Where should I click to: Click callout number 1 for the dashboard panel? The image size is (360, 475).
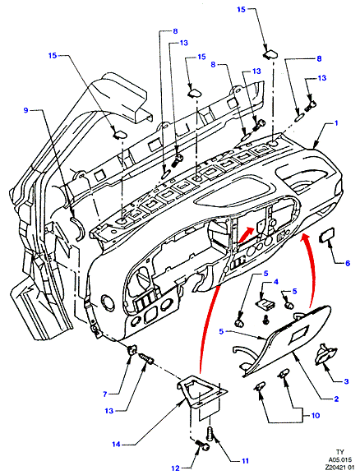pyautogui.click(x=336, y=123)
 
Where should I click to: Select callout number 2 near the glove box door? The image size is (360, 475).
pyautogui.click(x=336, y=399)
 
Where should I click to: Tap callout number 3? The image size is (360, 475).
pyautogui.click(x=346, y=381)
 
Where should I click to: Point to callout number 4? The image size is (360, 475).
pyautogui.click(x=276, y=282)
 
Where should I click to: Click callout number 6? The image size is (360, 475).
pyautogui.click(x=348, y=263)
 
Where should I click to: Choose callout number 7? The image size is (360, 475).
pyautogui.click(x=105, y=394)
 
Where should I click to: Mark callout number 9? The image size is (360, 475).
pyautogui.click(x=25, y=110)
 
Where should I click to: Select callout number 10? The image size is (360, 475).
pyautogui.click(x=316, y=415)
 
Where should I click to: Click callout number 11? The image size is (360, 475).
pyautogui.click(x=245, y=461)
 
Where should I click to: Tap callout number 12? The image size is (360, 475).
pyautogui.click(x=175, y=468)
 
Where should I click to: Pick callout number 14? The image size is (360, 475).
pyautogui.click(x=117, y=445)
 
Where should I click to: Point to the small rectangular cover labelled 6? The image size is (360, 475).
pyautogui.click(x=327, y=234)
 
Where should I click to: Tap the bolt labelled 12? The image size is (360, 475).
pyautogui.click(x=202, y=446)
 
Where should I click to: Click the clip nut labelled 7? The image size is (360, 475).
pyautogui.click(x=132, y=350)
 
